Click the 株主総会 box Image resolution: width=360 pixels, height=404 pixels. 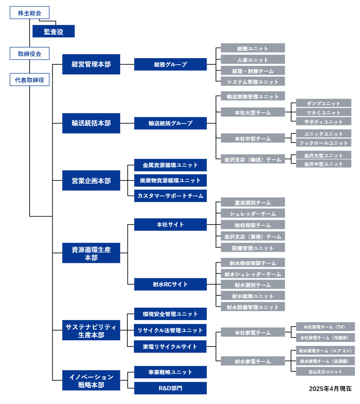pos(29,12)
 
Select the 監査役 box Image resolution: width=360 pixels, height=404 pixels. pos(54,31)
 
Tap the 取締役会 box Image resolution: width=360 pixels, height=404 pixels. pos(29,54)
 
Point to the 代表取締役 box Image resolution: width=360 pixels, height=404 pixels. pos(29,80)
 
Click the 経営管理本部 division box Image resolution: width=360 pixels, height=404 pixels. pos(91,64)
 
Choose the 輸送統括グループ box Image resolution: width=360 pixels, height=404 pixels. pos(170,123)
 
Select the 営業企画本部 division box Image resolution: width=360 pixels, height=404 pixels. pos(91,181)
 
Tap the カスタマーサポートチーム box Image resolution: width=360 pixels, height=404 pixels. pos(170,196)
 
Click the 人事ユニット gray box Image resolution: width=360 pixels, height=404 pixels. pos(253,59)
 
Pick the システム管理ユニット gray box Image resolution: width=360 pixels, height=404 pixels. pos(253,81)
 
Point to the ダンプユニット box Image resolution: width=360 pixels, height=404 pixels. pos(323,103)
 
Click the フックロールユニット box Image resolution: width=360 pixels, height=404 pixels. pos(323,143)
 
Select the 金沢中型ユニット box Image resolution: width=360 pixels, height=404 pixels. pos(323,164)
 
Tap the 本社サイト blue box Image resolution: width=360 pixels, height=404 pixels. pos(170,224)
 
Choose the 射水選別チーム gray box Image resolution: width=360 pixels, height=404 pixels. pos(253,284)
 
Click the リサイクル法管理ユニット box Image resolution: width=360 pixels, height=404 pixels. pos(170,330)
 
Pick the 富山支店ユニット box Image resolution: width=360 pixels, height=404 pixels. pos(325,371)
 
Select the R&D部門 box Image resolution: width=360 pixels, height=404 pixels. pos(170,388)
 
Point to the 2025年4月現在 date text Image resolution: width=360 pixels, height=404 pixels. pos(330,388)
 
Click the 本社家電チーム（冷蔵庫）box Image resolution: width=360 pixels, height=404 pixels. pos(325,338)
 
